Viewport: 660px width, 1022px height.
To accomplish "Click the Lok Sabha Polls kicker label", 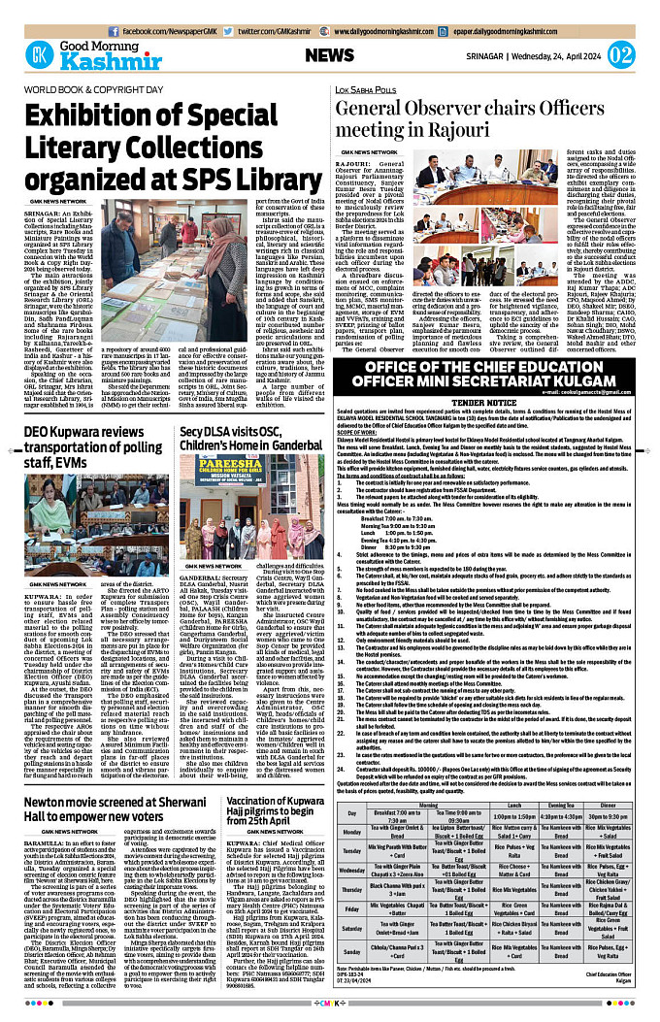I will coord(368,90).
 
